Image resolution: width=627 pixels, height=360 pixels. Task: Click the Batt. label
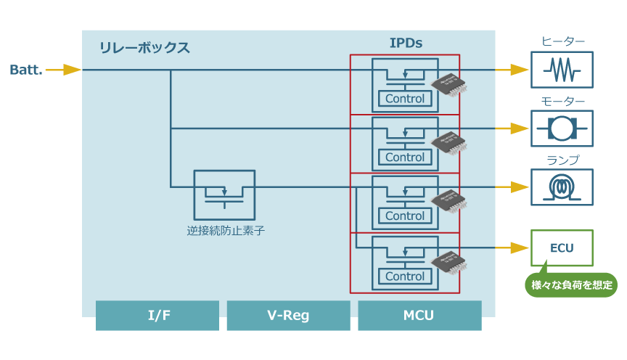(x=26, y=70)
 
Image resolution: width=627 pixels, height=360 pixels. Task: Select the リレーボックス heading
(x=144, y=49)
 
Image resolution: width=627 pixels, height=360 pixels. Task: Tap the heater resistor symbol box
(x=562, y=70)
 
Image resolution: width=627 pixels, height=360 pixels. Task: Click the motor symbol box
(x=562, y=128)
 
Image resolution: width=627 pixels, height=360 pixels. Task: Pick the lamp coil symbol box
(x=562, y=187)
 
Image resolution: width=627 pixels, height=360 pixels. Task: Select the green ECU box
(x=562, y=248)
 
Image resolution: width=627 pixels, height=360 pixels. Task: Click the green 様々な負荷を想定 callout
(x=571, y=285)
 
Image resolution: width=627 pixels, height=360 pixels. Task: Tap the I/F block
(x=157, y=316)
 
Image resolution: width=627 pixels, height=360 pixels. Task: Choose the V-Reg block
(x=289, y=316)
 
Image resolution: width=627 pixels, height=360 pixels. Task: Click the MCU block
(x=419, y=316)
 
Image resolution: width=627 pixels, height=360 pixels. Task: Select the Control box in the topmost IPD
(x=405, y=99)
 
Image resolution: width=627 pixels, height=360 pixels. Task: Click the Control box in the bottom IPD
(x=405, y=277)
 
